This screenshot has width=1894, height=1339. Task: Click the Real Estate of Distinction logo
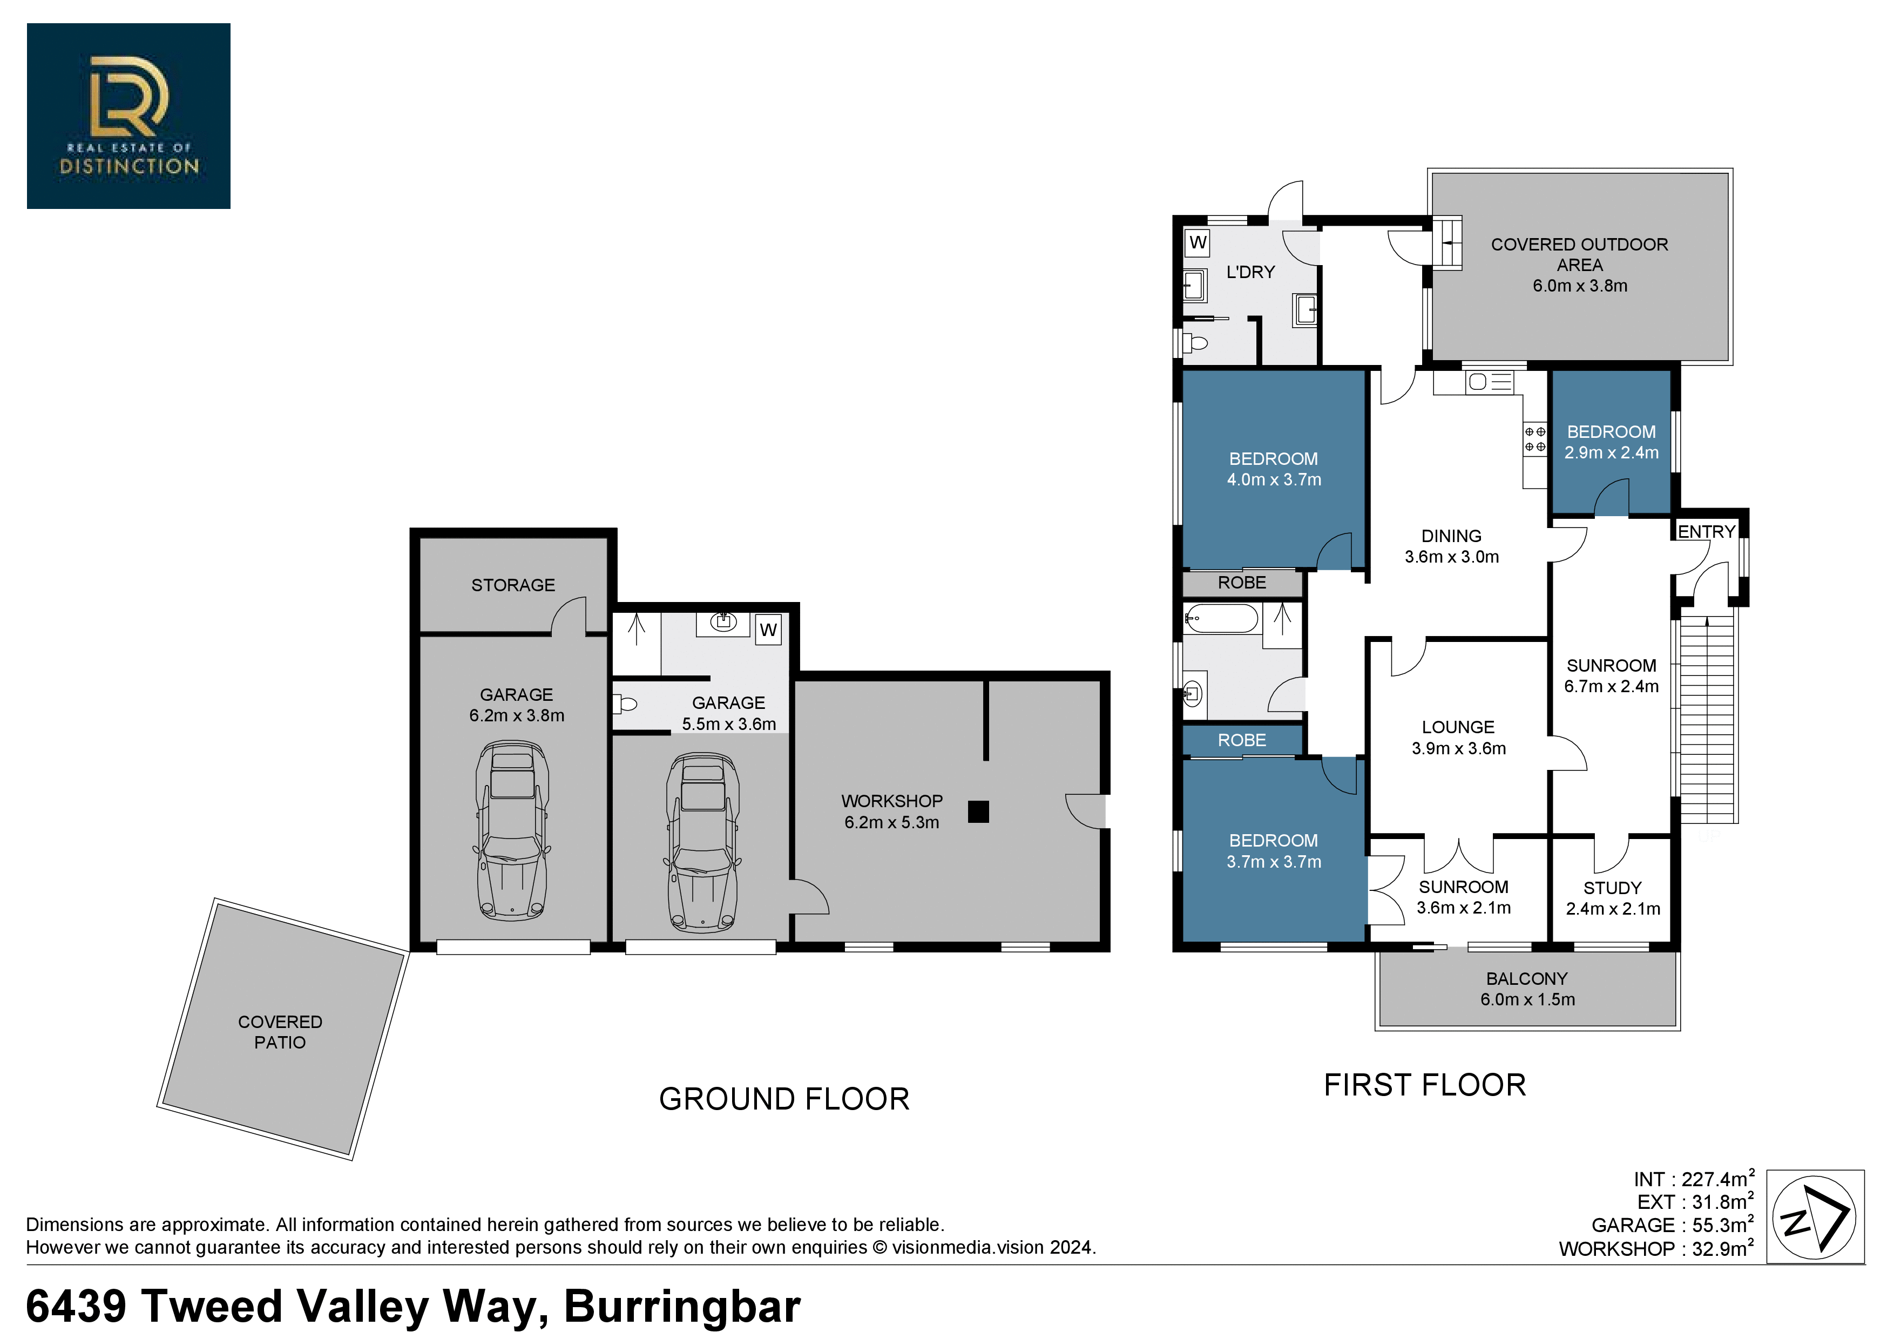click(128, 116)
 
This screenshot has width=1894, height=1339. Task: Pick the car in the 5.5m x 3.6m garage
click(703, 842)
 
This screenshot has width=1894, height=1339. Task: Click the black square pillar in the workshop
click(978, 812)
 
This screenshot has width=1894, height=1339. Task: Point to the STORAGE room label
click(513, 585)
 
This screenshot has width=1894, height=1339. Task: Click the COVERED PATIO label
click(280, 1032)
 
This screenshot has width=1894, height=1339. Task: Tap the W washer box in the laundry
click(1198, 242)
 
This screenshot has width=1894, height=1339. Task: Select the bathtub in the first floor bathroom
click(1222, 618)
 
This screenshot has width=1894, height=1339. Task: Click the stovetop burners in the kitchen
click(1534, 439)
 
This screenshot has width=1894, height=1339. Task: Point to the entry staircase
click(1708, 716)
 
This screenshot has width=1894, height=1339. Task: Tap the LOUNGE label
click(1458, 727)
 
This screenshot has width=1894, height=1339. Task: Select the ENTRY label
click(1707, 531)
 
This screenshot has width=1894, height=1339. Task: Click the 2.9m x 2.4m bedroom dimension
click(1612, 452)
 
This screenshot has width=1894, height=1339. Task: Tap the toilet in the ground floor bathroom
click(625, 704)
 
